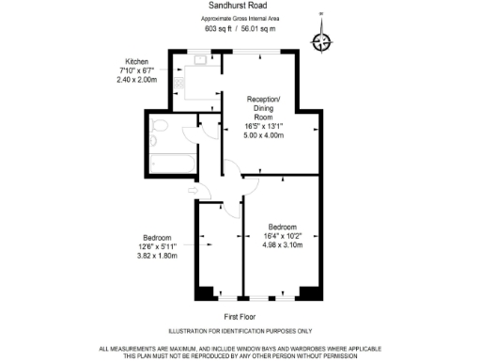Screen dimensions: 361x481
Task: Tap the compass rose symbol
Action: click(x=321, y=41)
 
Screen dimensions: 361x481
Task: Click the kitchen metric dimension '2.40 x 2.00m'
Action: click(x=136, y=80)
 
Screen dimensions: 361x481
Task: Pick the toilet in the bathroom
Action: click(x=160, y=129)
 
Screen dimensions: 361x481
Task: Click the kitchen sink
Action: click(x=200, y=62)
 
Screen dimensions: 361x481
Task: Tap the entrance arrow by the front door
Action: click(x=193, y=192)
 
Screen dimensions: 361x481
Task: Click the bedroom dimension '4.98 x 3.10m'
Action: click(x=283, y=244)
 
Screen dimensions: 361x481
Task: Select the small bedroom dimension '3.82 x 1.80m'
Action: click(x=157, y=255)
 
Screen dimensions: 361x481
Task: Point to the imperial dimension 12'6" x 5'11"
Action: click(x=157, y=246)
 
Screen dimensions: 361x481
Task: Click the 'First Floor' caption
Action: click(x=240, y=317)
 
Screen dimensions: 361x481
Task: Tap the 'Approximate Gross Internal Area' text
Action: click(x=240, y=19)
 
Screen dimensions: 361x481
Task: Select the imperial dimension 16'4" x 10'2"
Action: click(x=283, y=236)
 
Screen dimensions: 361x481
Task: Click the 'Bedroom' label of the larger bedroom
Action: click(x=283, y=227)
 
